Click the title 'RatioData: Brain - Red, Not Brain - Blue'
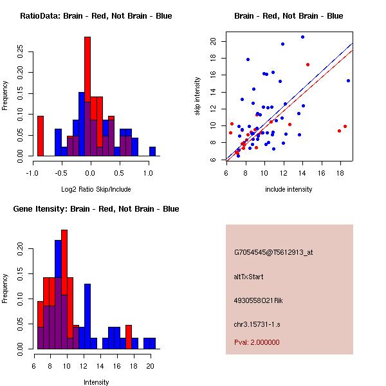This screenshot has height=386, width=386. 96,16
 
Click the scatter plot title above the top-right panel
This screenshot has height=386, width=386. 288,16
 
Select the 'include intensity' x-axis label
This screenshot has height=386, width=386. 289,189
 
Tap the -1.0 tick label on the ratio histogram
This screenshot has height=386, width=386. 32,173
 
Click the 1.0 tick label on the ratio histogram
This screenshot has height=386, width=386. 149,173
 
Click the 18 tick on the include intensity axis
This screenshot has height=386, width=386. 340,173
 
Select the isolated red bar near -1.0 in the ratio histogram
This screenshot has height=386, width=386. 41,136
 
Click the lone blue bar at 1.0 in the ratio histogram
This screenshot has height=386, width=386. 152,151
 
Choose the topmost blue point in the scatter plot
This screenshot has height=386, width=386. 302,37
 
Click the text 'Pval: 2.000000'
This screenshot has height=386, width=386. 257,342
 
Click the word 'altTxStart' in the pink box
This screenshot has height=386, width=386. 249,277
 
